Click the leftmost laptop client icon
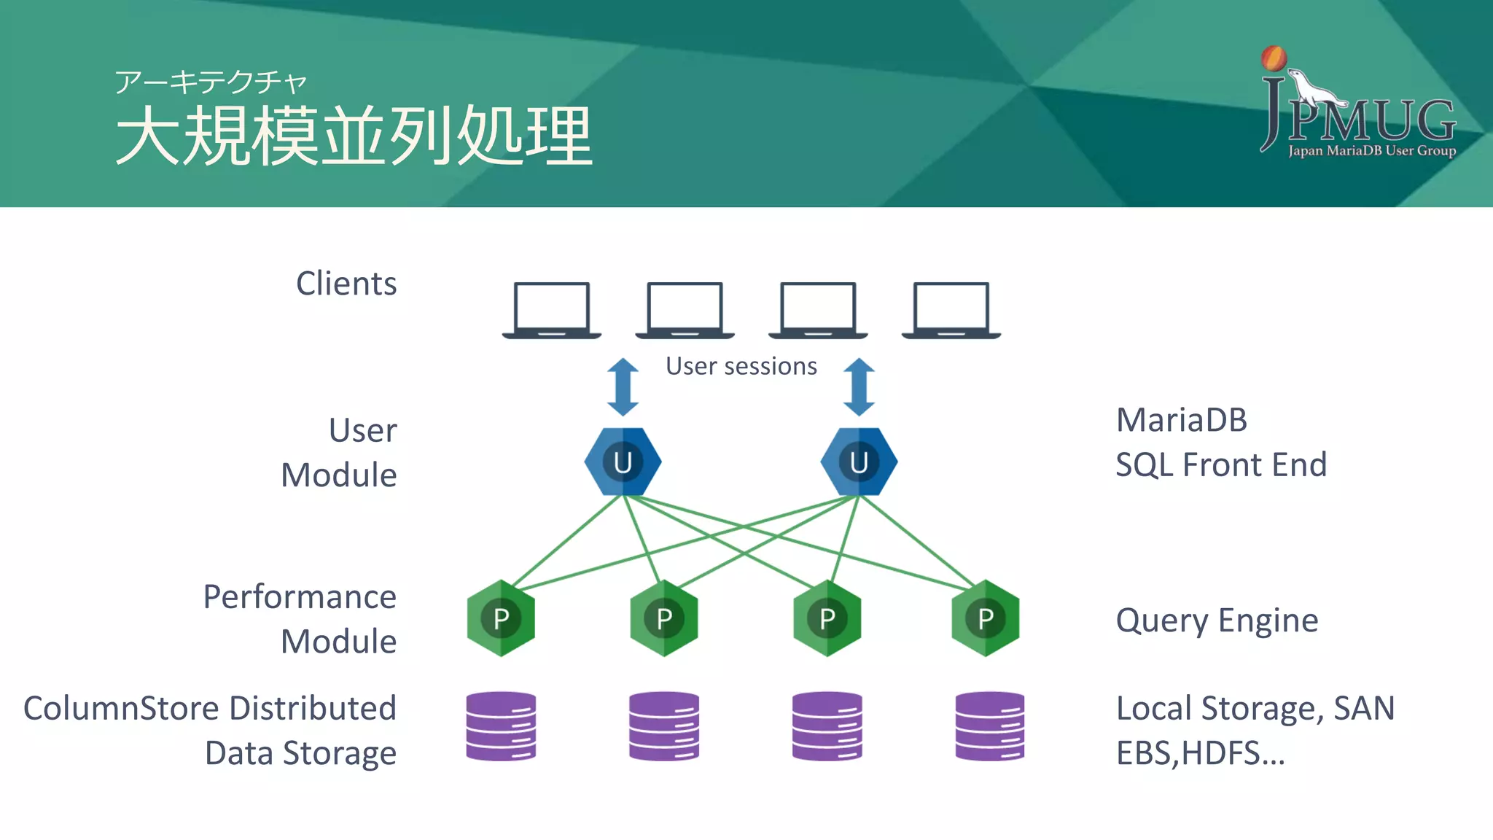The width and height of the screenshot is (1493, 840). [x=552, y=310]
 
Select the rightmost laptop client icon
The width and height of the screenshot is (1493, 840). [x=951, y=310]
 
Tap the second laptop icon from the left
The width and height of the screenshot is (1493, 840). [x=685, y=310]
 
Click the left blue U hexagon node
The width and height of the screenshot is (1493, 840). [x=623, y=462]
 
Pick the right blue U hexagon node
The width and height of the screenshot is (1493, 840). [x=859, y=462]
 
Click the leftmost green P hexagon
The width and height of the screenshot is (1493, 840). [x=501, y=618]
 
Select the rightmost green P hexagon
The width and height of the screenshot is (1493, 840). [x=986, y=618]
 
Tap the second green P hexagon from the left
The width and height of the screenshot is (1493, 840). [x=664, y=618]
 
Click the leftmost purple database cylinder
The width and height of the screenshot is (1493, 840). [x=501, y=726]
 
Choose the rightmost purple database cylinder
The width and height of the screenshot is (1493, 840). [x=990, y=726]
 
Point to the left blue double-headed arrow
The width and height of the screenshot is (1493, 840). [x=623, y=386]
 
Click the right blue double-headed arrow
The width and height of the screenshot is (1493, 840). [x=859, y=386]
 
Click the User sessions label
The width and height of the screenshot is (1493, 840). [x=741, y=366]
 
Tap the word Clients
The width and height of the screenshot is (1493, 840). [x=346, y=284]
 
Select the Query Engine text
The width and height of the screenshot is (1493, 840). [x=1217, y=621]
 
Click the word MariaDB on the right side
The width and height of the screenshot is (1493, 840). [x=1182, y=420]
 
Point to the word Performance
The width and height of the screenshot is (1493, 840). [x=300, y=597]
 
